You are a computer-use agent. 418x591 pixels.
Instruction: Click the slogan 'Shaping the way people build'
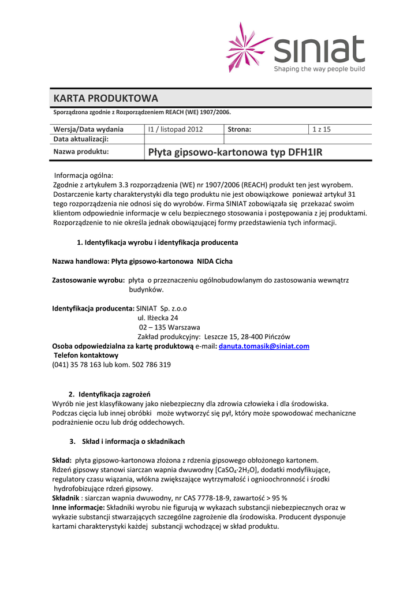(x=319, y=69)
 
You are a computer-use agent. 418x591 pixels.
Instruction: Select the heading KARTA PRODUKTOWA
(x=105, y=98)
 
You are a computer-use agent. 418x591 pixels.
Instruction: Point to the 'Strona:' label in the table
(x=240, y=129)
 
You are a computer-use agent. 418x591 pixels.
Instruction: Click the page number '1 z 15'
(x=321, y=129)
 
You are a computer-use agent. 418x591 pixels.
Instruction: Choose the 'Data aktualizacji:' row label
(x=81, y=139)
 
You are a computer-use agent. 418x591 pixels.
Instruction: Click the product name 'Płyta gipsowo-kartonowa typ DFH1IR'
(x=235, y=152)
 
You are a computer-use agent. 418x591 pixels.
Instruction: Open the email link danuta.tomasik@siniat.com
(x=264, y=346)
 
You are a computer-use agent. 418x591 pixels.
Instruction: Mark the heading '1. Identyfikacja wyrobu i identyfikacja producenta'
(x=157, y=242)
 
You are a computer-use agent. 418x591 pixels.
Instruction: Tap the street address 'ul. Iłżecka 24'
(x=158, y=317)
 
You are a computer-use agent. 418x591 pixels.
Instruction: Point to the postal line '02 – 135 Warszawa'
(x=165, y=327)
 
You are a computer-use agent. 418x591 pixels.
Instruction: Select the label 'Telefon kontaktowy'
(x=86, y=356)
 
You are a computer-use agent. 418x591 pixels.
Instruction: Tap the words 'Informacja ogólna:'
(x=84, y=175)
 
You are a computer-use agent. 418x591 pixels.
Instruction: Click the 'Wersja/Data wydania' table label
(x=88, y=129)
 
